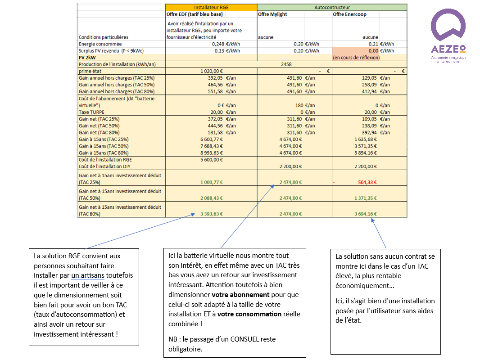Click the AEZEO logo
tap(448, 36)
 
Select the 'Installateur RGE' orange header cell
tap(211, 7)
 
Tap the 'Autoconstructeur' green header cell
tap(332, 7)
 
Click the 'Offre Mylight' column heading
tap(272, 14)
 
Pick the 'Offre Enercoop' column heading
tap(349, 14)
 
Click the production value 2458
tap(286, 64)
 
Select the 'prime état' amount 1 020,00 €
tap(211, 71)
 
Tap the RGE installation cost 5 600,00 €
tap(211, 159)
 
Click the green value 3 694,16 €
tap(365, 214)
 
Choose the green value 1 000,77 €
tap(211, 182)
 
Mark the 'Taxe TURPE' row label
tap(91, 112)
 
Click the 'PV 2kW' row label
tap(87, 58)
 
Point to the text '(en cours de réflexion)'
tap(356, 58)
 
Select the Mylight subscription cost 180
tap(298, 105)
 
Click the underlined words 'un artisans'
tap(87, 275)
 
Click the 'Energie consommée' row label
tap(100, 44)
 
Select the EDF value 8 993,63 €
tap(211, 153)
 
